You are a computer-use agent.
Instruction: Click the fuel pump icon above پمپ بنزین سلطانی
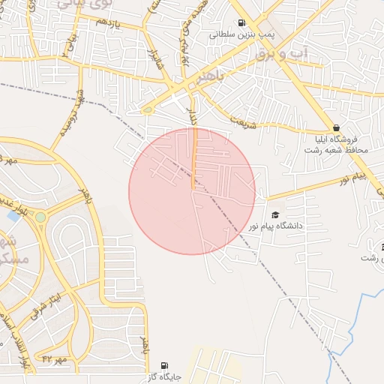(x=241, y=23)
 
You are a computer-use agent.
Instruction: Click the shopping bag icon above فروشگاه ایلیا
(x=335, y=127)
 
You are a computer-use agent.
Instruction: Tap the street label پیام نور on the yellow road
(x=352, y=178)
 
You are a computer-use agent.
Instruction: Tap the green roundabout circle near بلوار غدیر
(x=40, y=217)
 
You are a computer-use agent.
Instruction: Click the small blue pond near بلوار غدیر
(x=13, y=216)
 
